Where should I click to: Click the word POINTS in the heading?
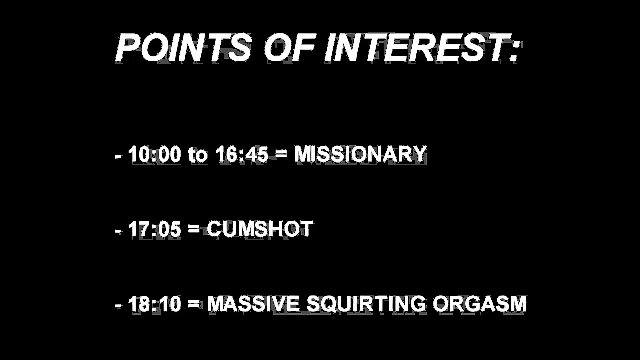coord(183,48)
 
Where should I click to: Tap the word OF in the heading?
coord(289,48)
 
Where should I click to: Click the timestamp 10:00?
coord(154,154)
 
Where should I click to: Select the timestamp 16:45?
coord(242,154)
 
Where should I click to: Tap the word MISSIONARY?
coord(360,154)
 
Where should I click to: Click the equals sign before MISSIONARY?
coord(281,155)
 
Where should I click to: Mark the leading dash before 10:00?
coord(118,157)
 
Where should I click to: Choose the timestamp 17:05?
coord(154,229)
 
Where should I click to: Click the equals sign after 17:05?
coord(194,230)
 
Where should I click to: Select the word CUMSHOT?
coord(260,229)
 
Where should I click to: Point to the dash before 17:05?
coord(118,232)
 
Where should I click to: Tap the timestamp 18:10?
coord(154,304)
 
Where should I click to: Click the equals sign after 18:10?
coord(194,304)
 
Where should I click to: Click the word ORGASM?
coord(480,304)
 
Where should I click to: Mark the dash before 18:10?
coord(118,306)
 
